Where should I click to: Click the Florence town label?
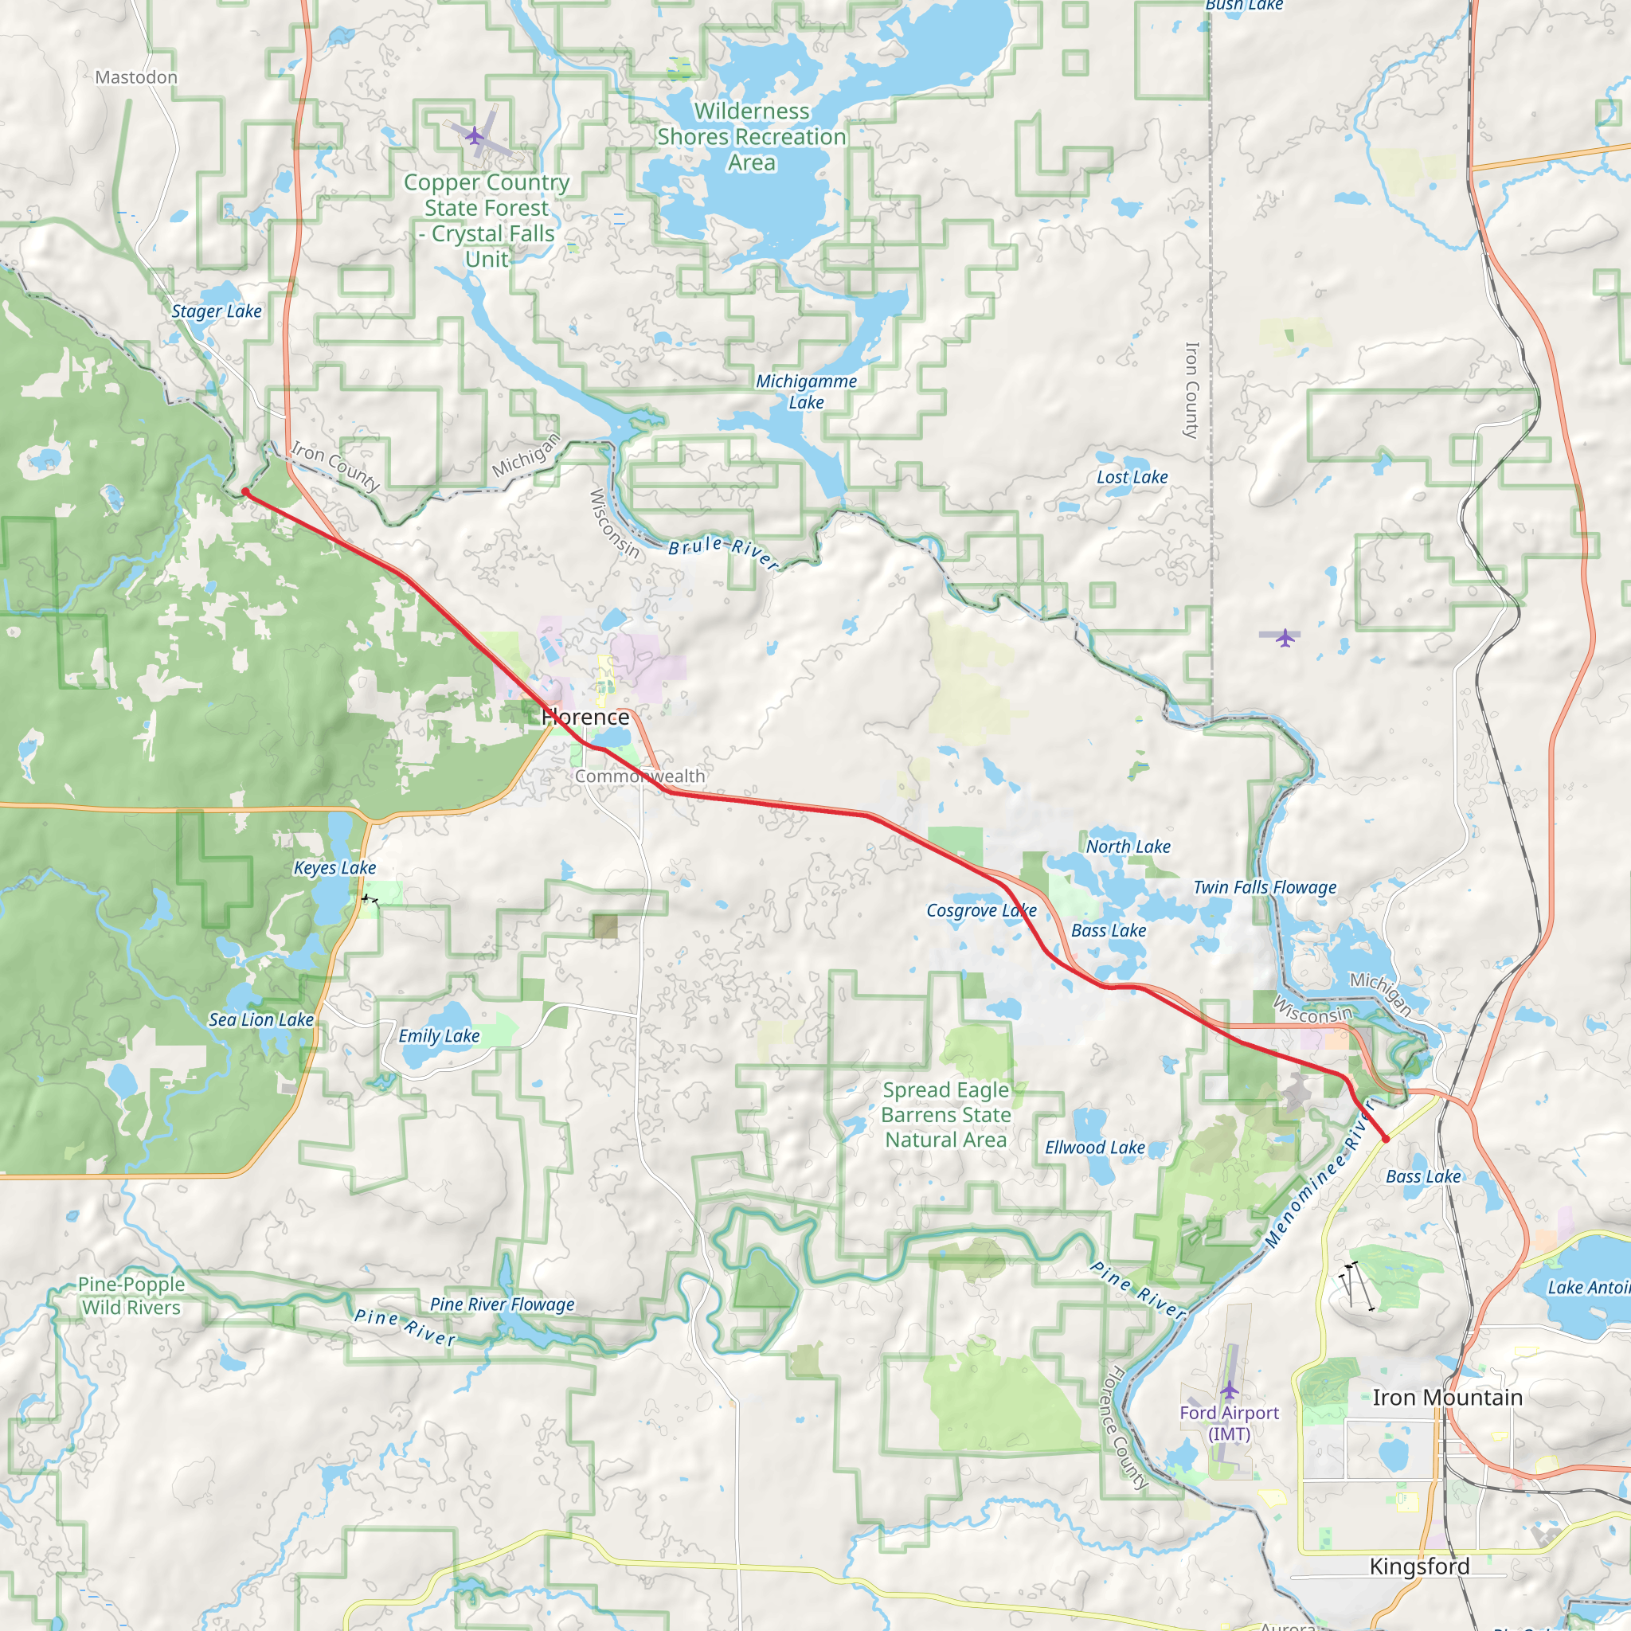click(585, 717)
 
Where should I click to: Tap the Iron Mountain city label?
click(1447, 1397)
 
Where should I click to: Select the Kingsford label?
click(1419, 1566)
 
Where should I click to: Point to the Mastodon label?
click(136, 78)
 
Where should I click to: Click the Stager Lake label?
click(216, 311)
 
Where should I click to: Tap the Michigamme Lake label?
click(806, 392)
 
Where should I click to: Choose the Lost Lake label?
click(1132, 477)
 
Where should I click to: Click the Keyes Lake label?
click(334, 868)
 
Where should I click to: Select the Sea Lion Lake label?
click(261, 1020)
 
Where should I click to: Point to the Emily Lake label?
click(439, 1036)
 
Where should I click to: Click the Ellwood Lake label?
click(1095, 1148)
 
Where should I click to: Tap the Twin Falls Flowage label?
click(1265, 887)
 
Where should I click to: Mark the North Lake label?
click(1128, 847)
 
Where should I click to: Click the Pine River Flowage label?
click(503, 1304)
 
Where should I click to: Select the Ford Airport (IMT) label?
click(1229, 1422)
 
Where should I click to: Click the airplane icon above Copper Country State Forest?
click(475, 135)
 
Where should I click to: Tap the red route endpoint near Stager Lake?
click(244, 491)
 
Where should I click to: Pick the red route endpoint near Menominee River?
click(1386, 1139)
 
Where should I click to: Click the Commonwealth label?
click(640, 776)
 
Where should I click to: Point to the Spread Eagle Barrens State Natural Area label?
click(945, 1114)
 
